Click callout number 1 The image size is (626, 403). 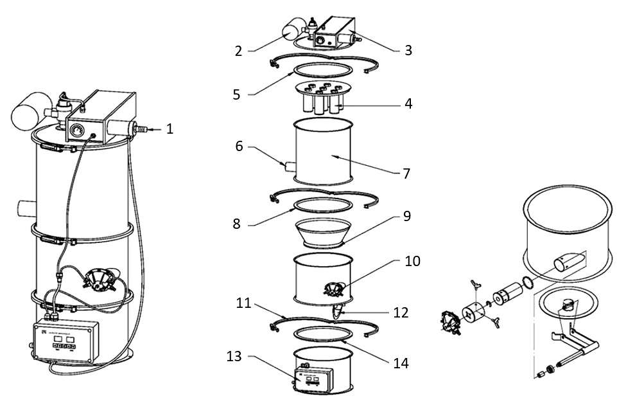click(x=170, y=129)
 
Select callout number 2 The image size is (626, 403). click(x=239, y=51)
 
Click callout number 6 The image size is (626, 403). click(x=239, y=147)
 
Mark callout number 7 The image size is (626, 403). click(x=406, y=174)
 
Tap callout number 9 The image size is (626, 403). click(x=406, y=217)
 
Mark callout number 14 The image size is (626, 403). click(x=401, y=363)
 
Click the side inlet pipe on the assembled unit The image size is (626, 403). click(x=26, y=209)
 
